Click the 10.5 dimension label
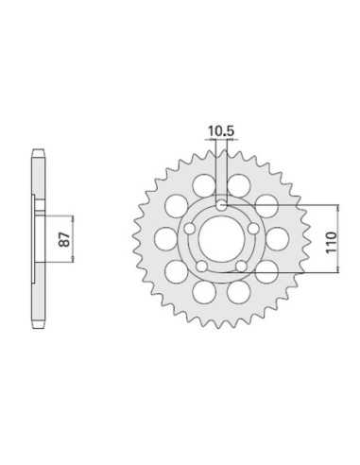pyautogui.click(x=221, y=131)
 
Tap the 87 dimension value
pyautogui.click(x=65, y=239)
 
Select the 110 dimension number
pyautogui.click(x=331, y=242)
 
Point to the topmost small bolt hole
pyautogui.click(x=221, y=206)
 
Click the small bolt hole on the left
pyautogui.click(x=190, y=228)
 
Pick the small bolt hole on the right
pyautogui.click(x=252, y=228)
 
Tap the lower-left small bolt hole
pyautogui.click(x=201, y=266)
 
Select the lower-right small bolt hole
pyautogui.click(x=242, y=266)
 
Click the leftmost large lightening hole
pyautogui.click(x=165, y=238)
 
